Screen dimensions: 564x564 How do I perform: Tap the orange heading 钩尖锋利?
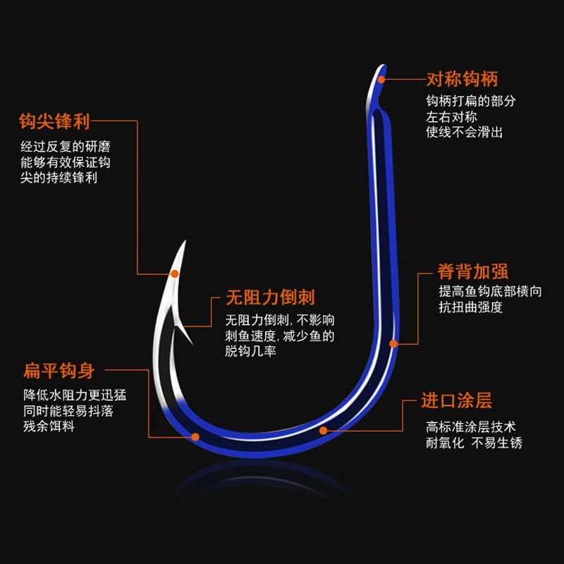click(55, 121)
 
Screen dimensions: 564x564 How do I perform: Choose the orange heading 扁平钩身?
click(59, 371)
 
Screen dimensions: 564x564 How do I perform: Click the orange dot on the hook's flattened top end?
click(381, 79)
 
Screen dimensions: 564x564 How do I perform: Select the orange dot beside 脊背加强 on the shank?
click(394, 343)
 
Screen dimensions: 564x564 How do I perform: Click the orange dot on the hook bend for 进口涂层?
click(323, 429)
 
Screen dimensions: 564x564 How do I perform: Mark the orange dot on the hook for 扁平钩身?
click(195, 437)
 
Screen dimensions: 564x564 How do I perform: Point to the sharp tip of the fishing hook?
click(184, 243)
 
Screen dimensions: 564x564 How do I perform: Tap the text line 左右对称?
click(451, 116)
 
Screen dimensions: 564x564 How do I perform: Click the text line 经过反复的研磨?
click(65, 147)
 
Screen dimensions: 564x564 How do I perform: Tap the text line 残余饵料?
click(49, 427)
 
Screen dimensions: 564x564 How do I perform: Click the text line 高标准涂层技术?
click(470, 427)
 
